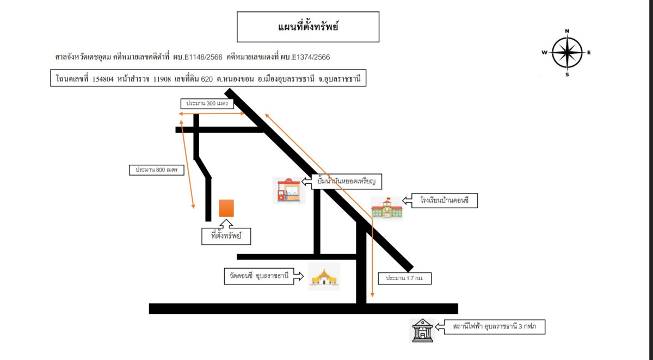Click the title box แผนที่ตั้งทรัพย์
pyautogui.click(x=308, y=27)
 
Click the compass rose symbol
pyautogui.click(x=567, y=53)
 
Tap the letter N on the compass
pyautogui.click(x=567, y=31)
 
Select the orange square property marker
pyautogui.click(x=226, y=208)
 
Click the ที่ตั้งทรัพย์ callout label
pyautogui.click(x=226, y=237)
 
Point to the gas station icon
pyautogui.click(x=289, y=190)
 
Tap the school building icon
pyautogui.click(x=386, y=208)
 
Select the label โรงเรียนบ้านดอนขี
pyautogui.click(x=444, y=202)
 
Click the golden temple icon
pyautogui.click(x=324, y=276)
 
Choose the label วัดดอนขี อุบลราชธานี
pyautogui.click(x=259, y=275)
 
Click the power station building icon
pyautogui.click(x=423, y=330)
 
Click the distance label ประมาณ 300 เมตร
pyautogui.click(x=207, y=103)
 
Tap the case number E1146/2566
pyautogui.click(x=202, y=57)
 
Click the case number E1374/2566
pyautogui.click(x=310, y=57)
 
